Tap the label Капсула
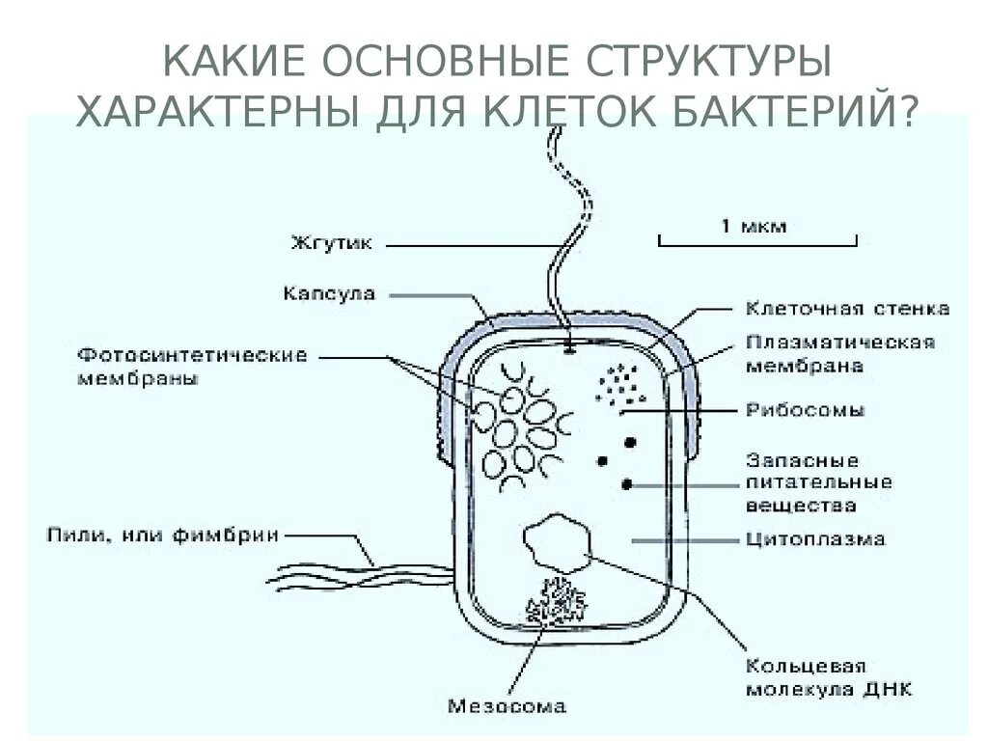[x=330, y=292]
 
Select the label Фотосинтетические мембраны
[x=192, y=367]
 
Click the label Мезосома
[x=507, y=705]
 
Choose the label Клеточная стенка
[x=847, y=309]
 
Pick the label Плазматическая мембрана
[x=840, y=354]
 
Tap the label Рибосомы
[x=806, y=410]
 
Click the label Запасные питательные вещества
[x=818, y=482]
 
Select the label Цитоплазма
[x=815, y=538]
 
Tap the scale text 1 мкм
[x=753, y=226]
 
